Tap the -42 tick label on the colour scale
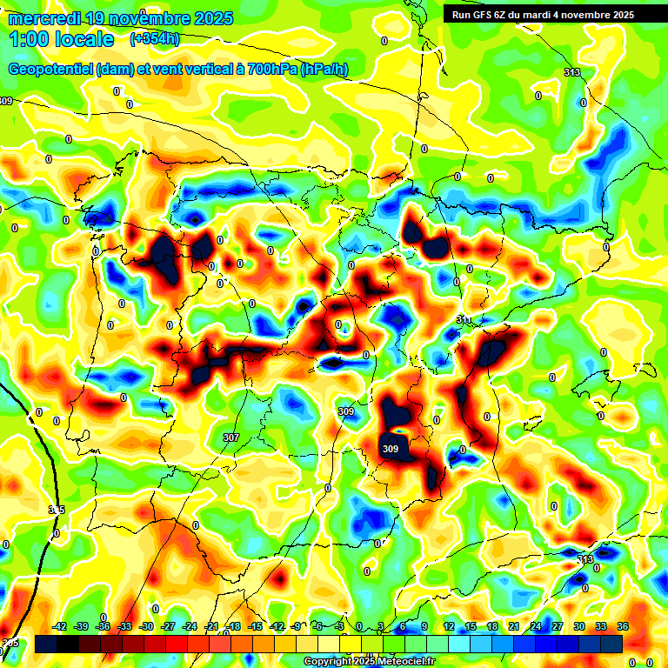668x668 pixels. [x=60, y=626]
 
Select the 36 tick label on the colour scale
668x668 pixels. [x=623, y=626]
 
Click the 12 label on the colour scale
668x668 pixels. [x=449, y=626]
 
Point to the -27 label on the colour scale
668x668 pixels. [x=168, y=626]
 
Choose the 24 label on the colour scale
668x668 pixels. [x=536, y=626]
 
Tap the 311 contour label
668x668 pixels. [x=464, y=320]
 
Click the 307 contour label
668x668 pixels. [x=230, y=437]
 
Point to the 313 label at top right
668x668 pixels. [x=571, y=72]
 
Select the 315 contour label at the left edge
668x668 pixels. [x=57, y=510]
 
